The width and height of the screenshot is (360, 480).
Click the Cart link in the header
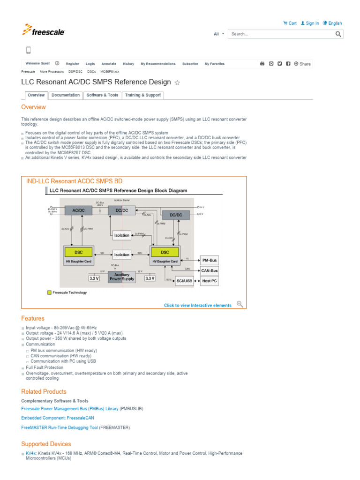tap(290, 23)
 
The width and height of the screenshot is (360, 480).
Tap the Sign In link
tap(310, 23)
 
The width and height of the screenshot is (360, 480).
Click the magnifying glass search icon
tap(338, 34)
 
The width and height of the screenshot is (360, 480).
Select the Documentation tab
tap(66, 95)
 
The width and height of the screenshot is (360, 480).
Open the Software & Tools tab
tap(102, 95)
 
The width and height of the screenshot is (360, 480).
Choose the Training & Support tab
tap(142, 95)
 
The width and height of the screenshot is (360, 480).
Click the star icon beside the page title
tap(177, 83)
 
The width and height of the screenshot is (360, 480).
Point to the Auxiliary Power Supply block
tap(121, 277)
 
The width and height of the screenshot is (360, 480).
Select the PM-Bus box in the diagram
tap(209, 260)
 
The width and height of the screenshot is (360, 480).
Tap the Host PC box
tap(209, 281)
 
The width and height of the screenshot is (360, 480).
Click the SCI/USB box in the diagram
tap(185, 281)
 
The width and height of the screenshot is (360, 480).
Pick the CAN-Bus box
tap(209, 270)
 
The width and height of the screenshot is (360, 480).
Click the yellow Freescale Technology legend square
tap(49, 292)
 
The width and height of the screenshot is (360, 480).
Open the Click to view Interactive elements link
tap(197, 305)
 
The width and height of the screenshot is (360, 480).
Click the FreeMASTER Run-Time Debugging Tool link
tap(60, 427)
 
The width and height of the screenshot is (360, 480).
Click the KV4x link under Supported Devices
tap(30, 454)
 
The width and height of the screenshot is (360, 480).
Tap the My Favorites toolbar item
tap(214, 64)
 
